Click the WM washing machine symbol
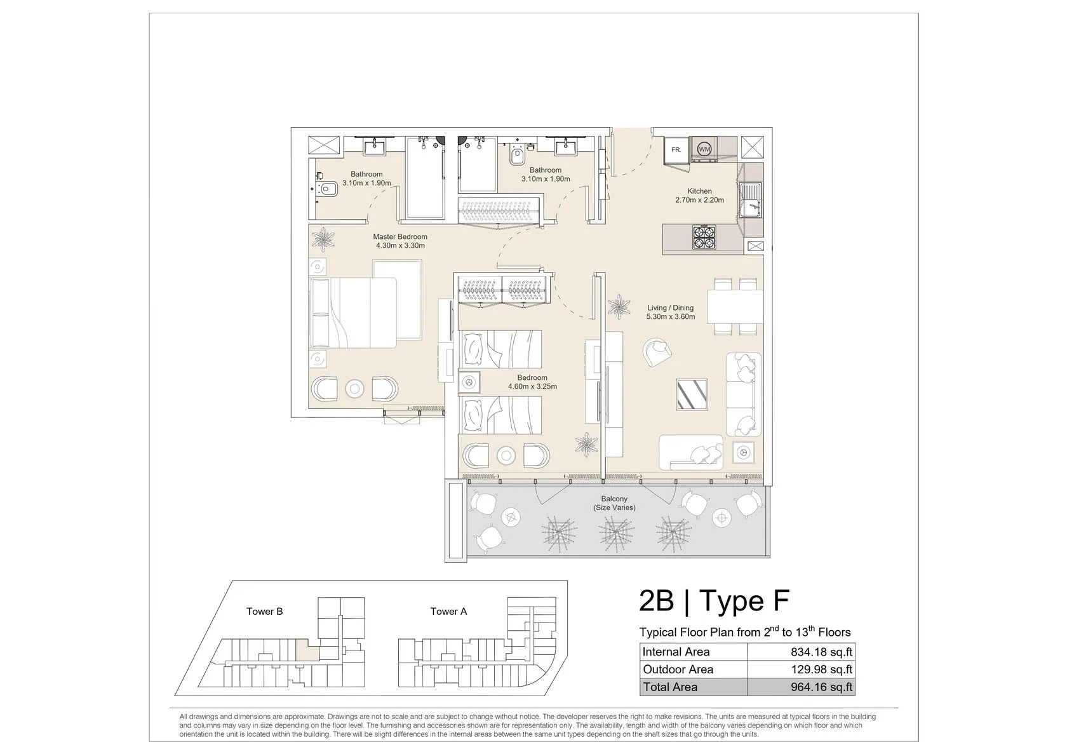(704, 149)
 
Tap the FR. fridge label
(676, 149)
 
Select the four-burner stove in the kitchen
(704, 237)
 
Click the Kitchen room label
(699, 191)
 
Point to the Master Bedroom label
(400, 236)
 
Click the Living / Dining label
(670, 307)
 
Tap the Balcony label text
(614, 499)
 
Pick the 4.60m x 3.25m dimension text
(532, 386)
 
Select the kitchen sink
(750, 200)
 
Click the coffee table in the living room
(692, 394)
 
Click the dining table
(735, 307)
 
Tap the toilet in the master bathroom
(327, 189)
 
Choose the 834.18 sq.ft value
(822, 652)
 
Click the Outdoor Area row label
(678, 670)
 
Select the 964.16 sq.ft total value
(822, 687)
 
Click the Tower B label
(264, 611)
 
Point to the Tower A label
(448, 611)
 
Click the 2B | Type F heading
(714, 601)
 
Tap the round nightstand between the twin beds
(469, 382)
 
